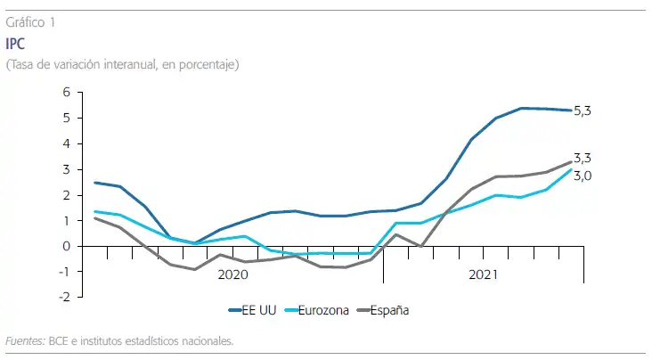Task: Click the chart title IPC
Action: [x=15, y=44]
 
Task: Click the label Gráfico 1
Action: [x=30, y=23]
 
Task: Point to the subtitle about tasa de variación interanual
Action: [x=122, y=64]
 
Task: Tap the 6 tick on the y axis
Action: [x=66, y=92]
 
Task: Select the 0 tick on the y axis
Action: [x=66, y=246]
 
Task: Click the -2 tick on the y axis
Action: [x=63, y=298]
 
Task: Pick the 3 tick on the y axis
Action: [x=66, y=169]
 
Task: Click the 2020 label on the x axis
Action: [x=232, y=275]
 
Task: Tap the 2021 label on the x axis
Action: [x=484, y=275]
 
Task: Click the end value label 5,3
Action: [x=583, y=110]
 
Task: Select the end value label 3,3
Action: [x=583, y=158]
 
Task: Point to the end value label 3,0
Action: [x=583, y=176]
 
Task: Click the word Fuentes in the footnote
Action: [x=24, y=340]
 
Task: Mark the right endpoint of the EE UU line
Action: [x=571, y=110]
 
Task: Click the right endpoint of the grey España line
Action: [x=571, y=162]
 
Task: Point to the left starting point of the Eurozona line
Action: [x=95, y=211]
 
